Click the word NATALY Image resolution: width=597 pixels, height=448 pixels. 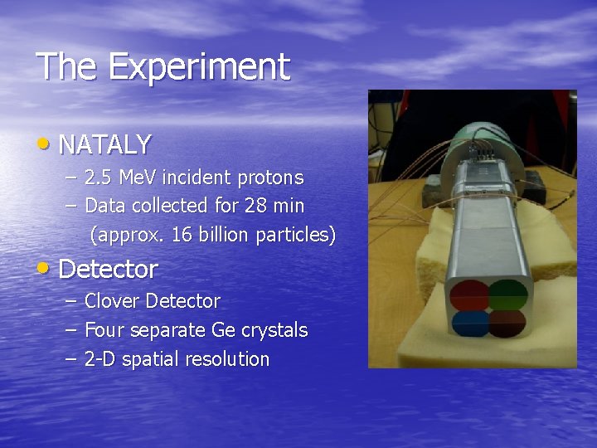[105, 144]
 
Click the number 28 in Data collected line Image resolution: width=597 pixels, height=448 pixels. [255, 206]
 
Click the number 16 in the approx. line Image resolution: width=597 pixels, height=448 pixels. [181, 235]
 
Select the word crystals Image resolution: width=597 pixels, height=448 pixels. [274, 330]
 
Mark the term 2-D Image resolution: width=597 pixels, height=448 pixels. [100, 359]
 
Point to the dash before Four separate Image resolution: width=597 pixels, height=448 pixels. [69, 330]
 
